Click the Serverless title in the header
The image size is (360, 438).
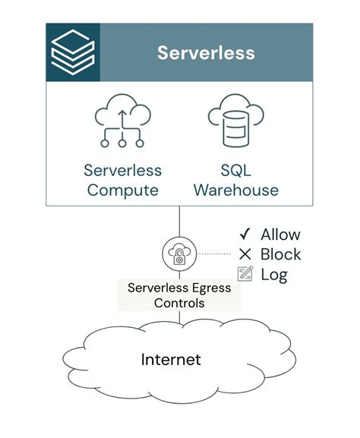click(x=206, y=52)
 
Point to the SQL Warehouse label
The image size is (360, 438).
click(x=235, y=180)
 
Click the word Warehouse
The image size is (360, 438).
click(x=235, y=190)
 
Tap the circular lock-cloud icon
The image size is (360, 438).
click(x=179, y=254)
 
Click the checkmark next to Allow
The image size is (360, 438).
click(x=245, y=235)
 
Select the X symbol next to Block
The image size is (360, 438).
click(x=245, y=254)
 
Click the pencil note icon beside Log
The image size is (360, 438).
click(x=245, y=274)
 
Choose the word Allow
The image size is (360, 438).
click(x=280, y=235)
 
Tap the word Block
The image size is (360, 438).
click(x=281, y=254)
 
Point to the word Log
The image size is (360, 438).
click(x=274, y=274)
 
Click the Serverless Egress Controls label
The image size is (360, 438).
click(x=179, y=295)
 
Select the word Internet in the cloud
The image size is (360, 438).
click(x=171, y=358)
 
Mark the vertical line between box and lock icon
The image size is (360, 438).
click(x=179, y=222)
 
